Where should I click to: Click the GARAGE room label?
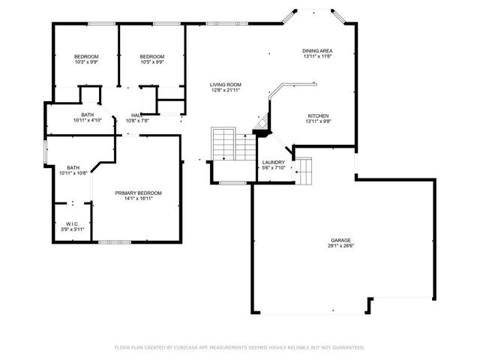click(x=340, y=239)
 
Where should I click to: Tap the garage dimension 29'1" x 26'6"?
click(x=340, y=245)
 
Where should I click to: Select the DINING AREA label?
click(x=317, y=50)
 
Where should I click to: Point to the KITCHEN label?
click(x=317, y=116)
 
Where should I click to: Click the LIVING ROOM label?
click(x=225, y=85)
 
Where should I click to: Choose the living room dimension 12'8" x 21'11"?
click(x=225, y=91)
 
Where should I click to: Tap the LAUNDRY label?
click(x=272, y=162)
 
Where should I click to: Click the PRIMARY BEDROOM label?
click(x=138, y=193)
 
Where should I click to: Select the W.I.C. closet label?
click(x=73, y=223)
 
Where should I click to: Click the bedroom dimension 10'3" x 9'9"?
click(x=86, y=62)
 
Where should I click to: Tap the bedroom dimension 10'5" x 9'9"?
click(x=152, y=62)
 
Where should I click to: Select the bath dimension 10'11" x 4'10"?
click(x=88, y=121)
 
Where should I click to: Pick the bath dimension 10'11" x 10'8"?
click(x=73, y=173)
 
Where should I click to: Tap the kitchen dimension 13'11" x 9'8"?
click(x=317, y=122)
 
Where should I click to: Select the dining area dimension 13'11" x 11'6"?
click(x=317, y=56)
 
